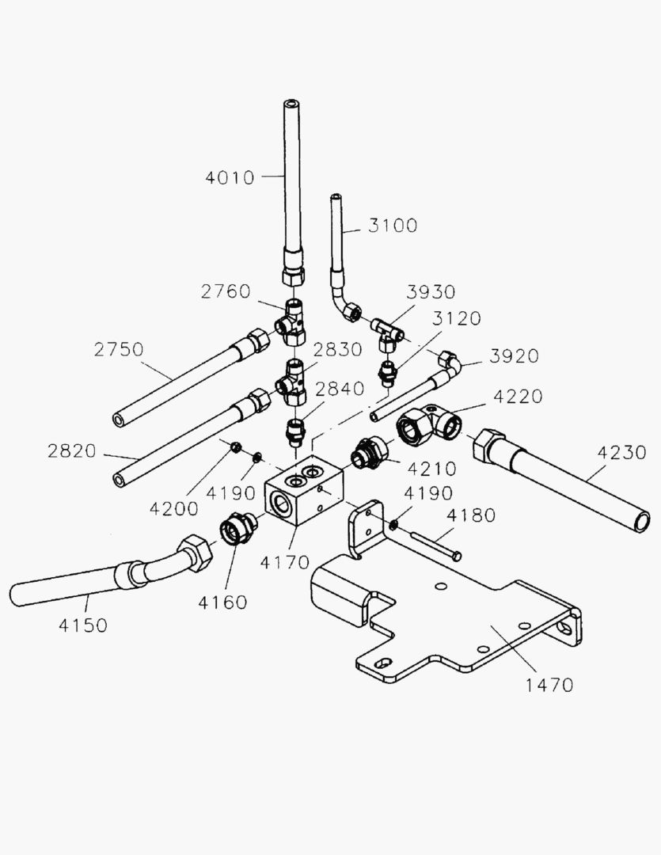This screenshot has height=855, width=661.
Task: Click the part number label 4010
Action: (230, 177)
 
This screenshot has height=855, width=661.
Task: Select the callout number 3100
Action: (392, 226)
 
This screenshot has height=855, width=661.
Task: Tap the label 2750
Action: (118, 349)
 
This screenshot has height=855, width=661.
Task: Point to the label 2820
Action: (71, 451)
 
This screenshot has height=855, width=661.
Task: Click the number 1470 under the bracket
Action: (549, 685)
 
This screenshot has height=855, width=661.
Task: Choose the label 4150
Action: (82, 625)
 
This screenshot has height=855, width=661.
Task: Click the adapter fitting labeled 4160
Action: (235, 528)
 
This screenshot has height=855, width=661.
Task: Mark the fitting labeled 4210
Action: (368, 454)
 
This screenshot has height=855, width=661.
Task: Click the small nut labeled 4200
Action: (235, 449)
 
